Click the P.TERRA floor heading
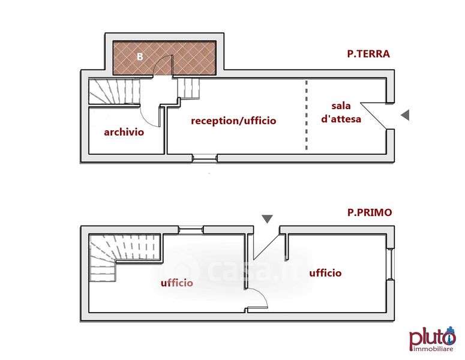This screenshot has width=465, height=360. (x=368, y=54)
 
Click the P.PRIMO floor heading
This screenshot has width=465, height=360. (x=370, y=212)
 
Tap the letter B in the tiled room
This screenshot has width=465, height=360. (x=139, y=57)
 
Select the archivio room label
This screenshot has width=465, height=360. (x=124, y=132)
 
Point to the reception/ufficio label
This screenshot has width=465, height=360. (x=233, y=121)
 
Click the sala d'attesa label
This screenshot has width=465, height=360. (x=341, y=112)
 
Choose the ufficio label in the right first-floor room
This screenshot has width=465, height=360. (x=325, y=273)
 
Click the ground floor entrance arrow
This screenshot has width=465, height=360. (x=406, y=115)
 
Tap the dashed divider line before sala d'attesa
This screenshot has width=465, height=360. (x=306, y=115)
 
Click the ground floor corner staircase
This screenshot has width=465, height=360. (x=114, y=92)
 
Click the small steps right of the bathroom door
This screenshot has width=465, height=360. (x=191, y=89)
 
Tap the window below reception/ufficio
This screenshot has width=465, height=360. (x=204, y=158)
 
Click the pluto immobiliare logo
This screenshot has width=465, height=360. (x=432, y=339)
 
